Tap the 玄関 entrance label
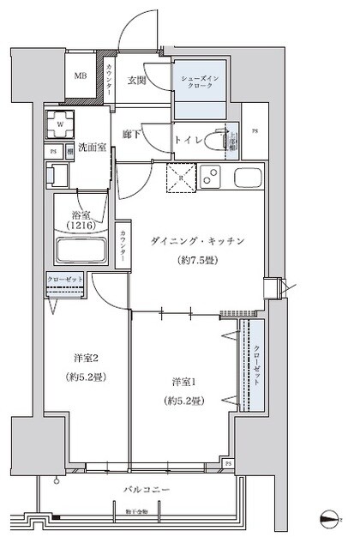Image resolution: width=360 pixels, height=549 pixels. [138, 81]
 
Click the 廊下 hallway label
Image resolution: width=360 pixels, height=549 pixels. [129, 135]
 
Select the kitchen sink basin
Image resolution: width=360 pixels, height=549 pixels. [249, 179]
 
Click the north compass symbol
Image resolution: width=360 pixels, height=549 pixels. [331, 518]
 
